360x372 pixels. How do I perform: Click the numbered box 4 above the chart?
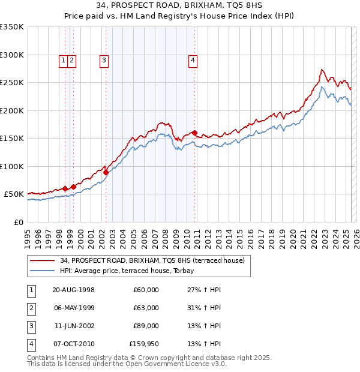193,59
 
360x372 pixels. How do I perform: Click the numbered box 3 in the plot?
104,59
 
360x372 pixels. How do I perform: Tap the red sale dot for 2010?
195,133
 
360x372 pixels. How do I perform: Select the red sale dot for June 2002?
106,172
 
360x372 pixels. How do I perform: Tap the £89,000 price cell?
146,326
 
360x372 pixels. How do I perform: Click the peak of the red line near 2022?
322,70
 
